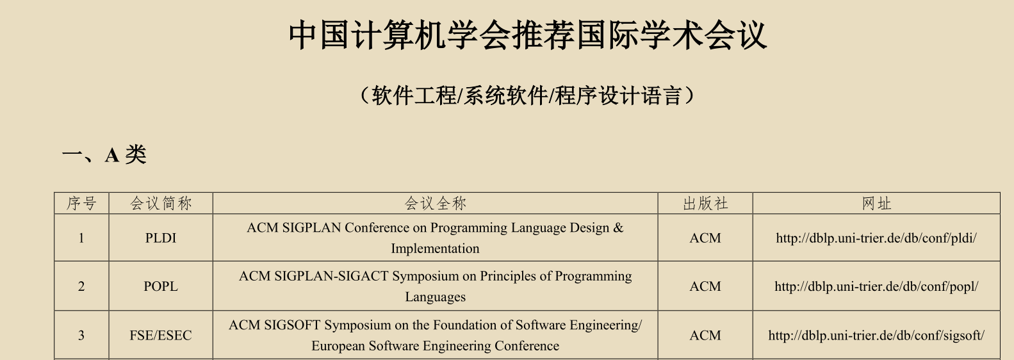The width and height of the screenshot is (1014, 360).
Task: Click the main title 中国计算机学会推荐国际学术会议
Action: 527,36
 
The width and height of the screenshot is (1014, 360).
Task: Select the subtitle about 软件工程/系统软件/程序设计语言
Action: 527,96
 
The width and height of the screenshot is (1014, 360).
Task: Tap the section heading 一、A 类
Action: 104,154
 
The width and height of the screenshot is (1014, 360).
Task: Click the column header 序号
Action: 81,204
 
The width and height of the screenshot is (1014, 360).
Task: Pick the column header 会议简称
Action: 161,204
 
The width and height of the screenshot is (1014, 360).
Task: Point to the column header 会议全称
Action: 435,204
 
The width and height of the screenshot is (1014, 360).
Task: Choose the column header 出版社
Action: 705,204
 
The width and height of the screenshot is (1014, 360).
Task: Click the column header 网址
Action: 876,204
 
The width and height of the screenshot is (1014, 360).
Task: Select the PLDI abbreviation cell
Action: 161,238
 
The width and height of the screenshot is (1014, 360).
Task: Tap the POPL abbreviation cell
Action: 161,286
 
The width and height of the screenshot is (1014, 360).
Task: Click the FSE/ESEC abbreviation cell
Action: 161,336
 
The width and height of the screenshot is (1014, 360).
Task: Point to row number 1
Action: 81,238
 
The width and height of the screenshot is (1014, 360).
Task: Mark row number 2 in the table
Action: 81,286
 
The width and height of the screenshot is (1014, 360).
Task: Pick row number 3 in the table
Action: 81,336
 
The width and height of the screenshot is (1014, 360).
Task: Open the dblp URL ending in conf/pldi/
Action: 876,238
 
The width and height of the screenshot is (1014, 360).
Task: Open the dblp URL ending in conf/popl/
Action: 876,286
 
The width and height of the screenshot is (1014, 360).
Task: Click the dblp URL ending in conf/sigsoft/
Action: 876,336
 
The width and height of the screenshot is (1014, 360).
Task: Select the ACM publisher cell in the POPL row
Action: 705,286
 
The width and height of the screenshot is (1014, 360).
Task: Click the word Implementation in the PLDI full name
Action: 435,249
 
